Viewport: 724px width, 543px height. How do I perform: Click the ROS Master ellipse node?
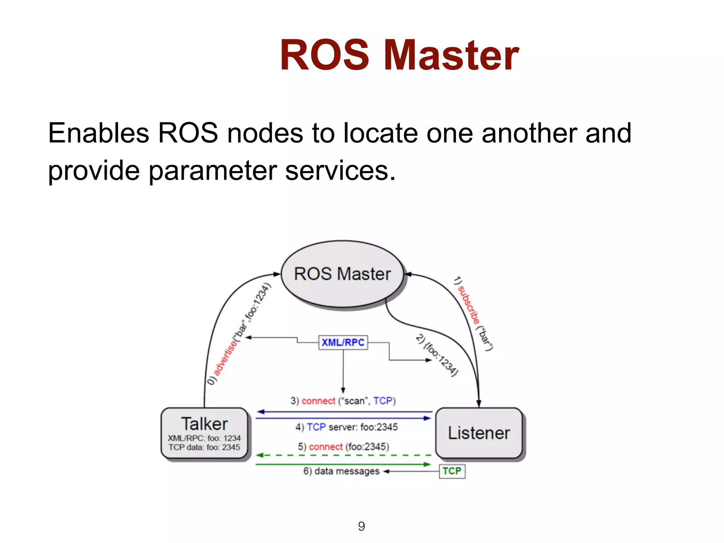tap(342, 274)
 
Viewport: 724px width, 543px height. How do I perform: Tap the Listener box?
tap(479, 433)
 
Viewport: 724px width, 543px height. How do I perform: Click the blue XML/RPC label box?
tap(343, 343)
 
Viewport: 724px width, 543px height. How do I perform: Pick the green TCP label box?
tap(452, 471)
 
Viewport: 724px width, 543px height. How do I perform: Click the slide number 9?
tap(361, 526)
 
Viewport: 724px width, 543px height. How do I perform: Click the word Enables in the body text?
tap(99, 133)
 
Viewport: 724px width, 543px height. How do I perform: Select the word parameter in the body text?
tap(212, 171)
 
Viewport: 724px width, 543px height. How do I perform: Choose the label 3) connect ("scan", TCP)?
tap(343, 401)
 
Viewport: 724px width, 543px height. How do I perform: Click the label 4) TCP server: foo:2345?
tap(346, 427)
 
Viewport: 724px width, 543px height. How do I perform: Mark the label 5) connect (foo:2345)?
tap(343, 447)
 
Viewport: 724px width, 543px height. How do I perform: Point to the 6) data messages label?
tap(341, 471)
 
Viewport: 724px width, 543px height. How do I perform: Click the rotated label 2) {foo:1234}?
tap(437, 355)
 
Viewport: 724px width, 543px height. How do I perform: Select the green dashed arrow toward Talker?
tap(343, 455)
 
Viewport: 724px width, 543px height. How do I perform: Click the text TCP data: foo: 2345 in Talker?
tap(204, 447)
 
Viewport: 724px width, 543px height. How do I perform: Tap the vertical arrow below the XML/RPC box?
tap(343, 371)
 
